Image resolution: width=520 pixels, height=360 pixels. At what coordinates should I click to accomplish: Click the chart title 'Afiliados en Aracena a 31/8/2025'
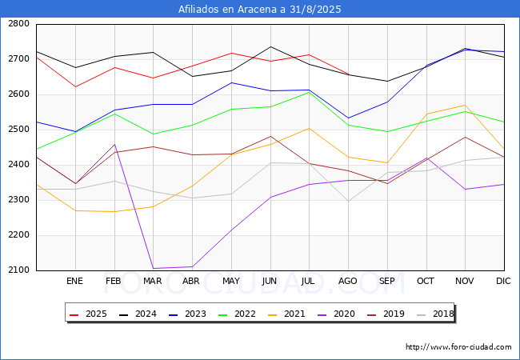click(x=260, y=9)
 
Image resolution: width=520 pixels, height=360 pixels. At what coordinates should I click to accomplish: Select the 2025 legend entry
click(x=89, y=314)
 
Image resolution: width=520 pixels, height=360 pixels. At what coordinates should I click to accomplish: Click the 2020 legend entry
click(x=336, y=314)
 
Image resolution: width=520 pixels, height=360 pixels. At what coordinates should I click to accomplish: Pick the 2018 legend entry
click(x=435, y=314)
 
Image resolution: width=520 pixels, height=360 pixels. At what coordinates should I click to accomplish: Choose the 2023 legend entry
click(x=187, y=314)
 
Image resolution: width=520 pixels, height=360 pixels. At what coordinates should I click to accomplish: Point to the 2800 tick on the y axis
click(x=19, y=23)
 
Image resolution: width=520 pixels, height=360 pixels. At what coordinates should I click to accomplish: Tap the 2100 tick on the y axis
click(x=19, y=270)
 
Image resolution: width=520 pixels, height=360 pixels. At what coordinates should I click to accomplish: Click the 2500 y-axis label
click(x=19, y=130)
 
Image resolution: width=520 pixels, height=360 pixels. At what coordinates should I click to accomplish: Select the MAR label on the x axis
click(x=153, y=281)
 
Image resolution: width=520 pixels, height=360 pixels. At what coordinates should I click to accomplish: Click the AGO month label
click(x=347, y=281)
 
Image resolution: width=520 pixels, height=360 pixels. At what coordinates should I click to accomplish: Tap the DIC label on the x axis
click(x=503, y=281)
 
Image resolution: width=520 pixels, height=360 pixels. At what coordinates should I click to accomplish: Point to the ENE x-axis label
click(x=74, y=281)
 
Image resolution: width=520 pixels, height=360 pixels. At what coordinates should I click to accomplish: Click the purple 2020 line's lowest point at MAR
click(x=154, y=268)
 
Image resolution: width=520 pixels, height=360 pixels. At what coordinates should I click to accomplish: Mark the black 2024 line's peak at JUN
click(x=270, y=46)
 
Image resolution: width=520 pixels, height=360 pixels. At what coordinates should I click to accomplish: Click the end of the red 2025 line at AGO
click(x=348, y=74)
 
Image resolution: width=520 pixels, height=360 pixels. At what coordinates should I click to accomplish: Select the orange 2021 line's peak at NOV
click(x=466, y=105)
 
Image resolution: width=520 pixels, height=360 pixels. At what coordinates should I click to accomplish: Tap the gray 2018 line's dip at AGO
click(x=348, y=201)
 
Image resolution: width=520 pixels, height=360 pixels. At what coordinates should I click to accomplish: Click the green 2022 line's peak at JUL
click(x=310, y=92)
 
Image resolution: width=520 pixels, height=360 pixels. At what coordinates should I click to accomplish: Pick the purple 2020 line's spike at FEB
click(x=114, y=145)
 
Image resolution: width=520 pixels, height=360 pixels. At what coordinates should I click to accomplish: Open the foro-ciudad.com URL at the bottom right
click(x=458, y=347)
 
